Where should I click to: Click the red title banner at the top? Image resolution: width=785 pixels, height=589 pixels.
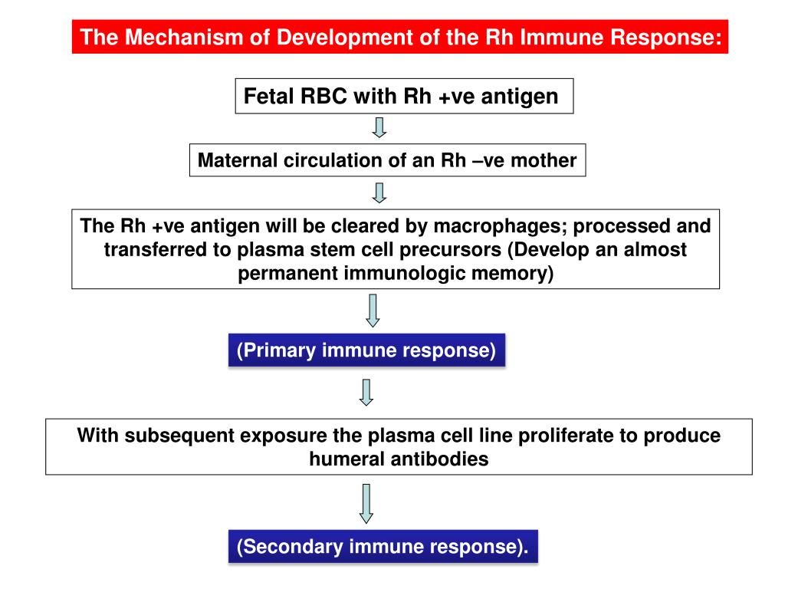click(x=399, y=37)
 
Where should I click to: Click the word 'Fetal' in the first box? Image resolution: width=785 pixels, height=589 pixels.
click(x=265, y=97)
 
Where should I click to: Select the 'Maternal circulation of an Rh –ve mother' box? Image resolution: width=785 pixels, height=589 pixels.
click(x=387, y=162)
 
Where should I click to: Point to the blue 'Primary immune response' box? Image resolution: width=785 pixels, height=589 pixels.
click(x=366, y=351)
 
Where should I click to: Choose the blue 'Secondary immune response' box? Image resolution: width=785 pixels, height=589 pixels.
click(x=383, y=548)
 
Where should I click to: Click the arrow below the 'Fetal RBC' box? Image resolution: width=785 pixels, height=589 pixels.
click(x=379, y=127)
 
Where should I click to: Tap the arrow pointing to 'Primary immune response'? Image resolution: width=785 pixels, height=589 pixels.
click(x=373, y=311)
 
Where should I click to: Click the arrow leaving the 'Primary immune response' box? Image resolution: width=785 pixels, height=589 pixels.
click(x=366, y=391)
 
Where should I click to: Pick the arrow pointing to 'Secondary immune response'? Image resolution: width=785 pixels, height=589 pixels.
click(x=367, y=502)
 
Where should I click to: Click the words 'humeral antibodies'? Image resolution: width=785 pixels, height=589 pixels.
click(x=399, y=459)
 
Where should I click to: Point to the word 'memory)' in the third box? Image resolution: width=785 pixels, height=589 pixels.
click(x=520, y=273)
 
